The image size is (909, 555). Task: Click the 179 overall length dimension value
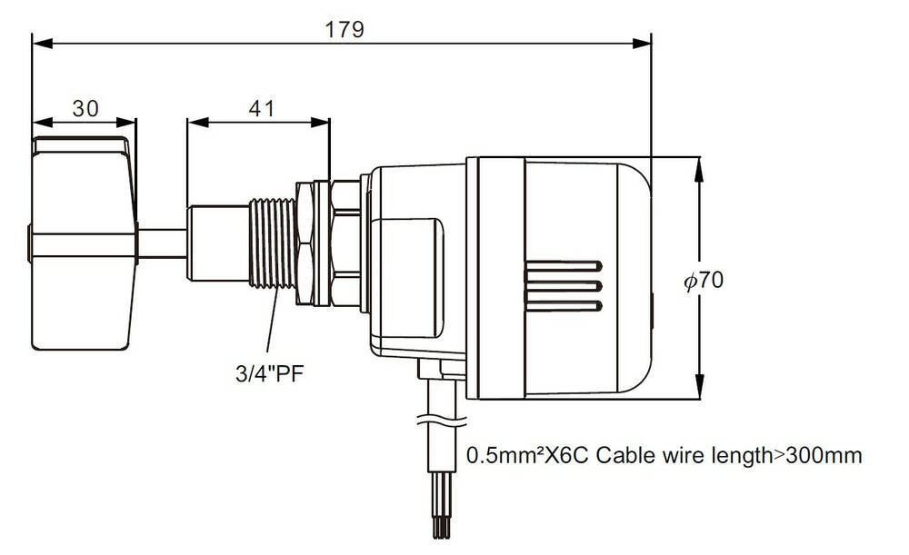[345, 29]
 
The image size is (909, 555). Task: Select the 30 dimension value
[85, 108]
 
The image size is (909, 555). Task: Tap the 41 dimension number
[261, 108]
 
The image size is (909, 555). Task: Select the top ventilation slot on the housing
[562, 268]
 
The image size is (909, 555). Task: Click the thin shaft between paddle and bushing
[162, 243]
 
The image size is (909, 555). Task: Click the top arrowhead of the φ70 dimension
[699, 164]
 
